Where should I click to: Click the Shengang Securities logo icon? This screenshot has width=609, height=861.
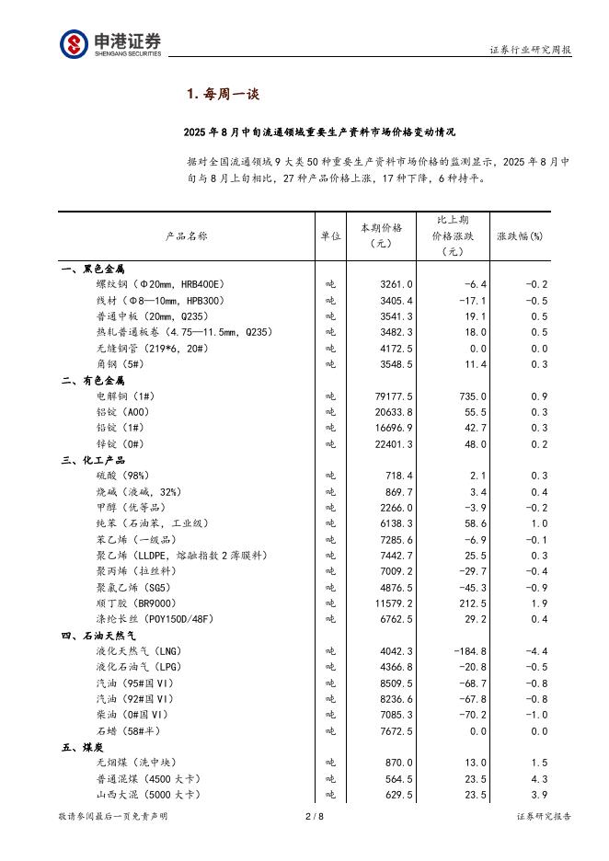pyautogui.click(x=75, y=44)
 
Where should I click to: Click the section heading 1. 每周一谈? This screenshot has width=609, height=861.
pyautogui.click(x=223, y=93)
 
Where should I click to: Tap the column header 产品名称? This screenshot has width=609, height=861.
pyautogui.click(x=186, y=236)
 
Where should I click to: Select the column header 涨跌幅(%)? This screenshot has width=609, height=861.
pyautogui.click(x=520, y=236)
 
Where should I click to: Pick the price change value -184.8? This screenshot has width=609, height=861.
pyautogui.click(x=469, y=651)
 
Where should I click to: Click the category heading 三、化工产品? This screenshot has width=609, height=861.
pyautogui.click(x=93, y=460)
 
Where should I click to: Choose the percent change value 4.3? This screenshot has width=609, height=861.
pyautogui.click(x=539, y=779)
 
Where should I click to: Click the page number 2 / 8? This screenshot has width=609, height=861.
pyautogui.click(x=314, y=816)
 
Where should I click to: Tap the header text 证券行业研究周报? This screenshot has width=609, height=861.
pyautogui.click(x=530, y=51)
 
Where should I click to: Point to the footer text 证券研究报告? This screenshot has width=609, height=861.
pyautogui.click(x=544, y=816)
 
